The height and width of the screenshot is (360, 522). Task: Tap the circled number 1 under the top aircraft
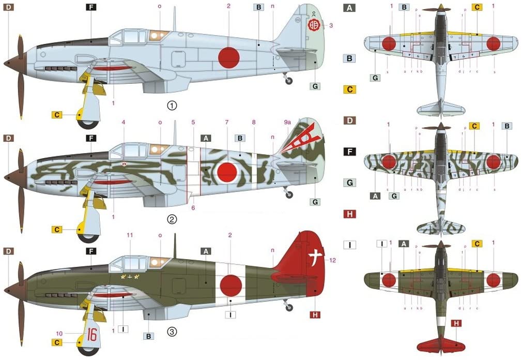pos(172,105)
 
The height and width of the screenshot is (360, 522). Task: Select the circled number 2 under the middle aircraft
pos(172,219)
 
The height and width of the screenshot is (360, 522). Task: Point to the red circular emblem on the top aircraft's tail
pos(313,24)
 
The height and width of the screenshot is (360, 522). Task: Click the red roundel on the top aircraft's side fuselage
pos(228,57)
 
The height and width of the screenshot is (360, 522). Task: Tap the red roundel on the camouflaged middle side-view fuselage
pos(227,171)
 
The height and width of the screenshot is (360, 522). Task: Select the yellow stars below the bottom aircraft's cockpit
pos(130,277)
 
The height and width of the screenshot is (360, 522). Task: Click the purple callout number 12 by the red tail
pos(332,260)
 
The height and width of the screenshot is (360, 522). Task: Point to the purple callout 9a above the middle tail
pos(288,122)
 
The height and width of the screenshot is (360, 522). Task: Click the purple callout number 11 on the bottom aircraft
pos(130,235)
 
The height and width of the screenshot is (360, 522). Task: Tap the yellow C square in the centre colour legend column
pos(350,89)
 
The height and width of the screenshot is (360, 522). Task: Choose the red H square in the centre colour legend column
pos(350,214)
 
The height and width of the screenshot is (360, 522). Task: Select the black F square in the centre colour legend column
pos(350,152)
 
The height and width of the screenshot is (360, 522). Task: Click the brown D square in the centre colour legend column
pos(350,121)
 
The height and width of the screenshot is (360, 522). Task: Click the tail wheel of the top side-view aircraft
pos(289,81)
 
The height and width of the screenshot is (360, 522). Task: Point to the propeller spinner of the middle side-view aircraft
pos(10,177)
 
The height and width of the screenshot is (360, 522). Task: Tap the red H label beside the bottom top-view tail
pos(456,324)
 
